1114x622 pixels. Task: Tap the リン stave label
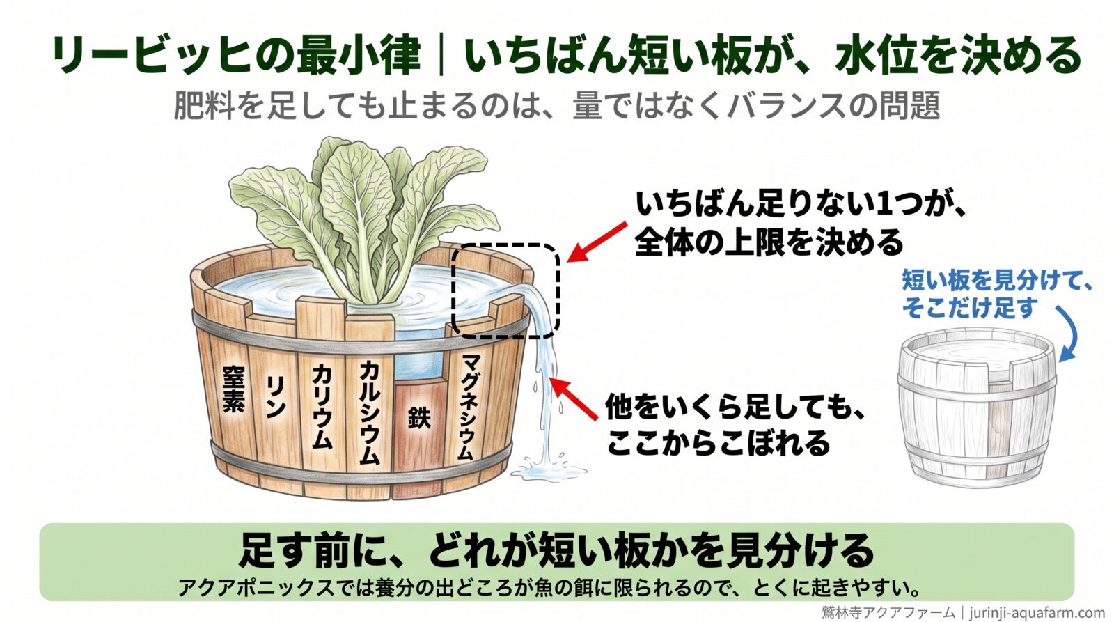(x=276, y=396)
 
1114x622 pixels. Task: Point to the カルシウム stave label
(x=370, y=412)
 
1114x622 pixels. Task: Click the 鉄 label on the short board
(x=418, y=417)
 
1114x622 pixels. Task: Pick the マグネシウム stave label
(x=466, y=407)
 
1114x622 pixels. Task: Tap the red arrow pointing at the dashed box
(x=597, y=242)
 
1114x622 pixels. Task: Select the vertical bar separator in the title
(x=441, y=55)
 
